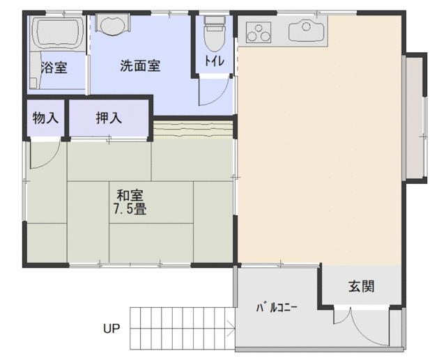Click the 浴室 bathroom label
coord(54,68)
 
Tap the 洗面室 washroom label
coord(140,65)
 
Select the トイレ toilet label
coord(215,61)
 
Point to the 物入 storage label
coord(45,118)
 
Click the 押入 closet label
coord(109,118)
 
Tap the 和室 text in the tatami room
coord(130,196)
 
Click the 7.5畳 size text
coord(130,210)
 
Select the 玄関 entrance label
coord(361,286)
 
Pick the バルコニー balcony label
coord(277,308)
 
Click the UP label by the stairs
coord(111,329)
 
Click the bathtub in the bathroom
coord(57,33)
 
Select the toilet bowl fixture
coord(215,33)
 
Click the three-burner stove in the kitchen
coord(259,33)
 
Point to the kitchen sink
coord(306,30)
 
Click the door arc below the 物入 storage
coord(51,160)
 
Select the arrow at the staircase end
coord(231,329)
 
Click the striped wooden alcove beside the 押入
coord(194,130)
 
